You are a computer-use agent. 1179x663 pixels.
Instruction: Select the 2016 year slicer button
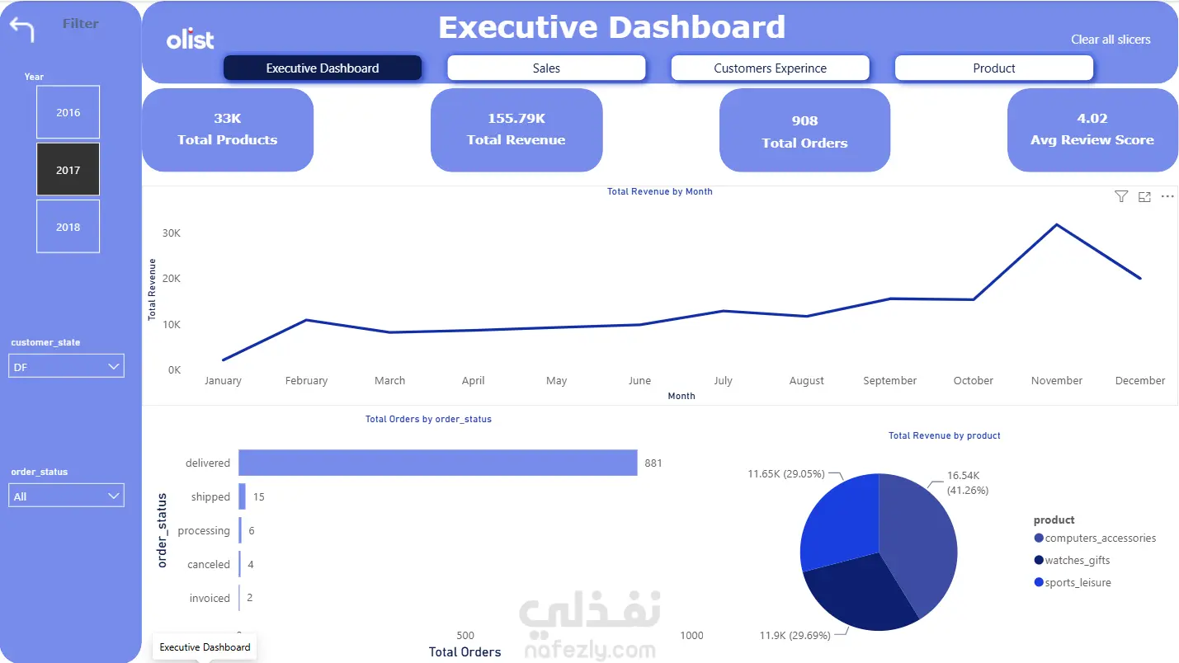(x=68, y=112)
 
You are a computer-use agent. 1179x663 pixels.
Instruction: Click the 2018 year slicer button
(x=68, y=227)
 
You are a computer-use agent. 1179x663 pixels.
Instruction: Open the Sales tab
(x=546, y=68)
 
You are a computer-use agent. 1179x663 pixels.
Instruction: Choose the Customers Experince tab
(x=770, y=68)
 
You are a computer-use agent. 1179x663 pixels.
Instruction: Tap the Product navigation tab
(x=993, y=68)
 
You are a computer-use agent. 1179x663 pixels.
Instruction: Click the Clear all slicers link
(x=1111, y=40)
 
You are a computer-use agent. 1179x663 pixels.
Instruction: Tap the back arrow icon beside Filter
(x=22, y=30)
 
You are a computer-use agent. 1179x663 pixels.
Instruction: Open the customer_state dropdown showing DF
(x=66, y=366)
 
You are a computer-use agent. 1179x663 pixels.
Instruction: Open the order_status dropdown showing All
(x=66, y=496)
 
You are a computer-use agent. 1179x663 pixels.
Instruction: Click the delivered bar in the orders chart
(x=438, y=463)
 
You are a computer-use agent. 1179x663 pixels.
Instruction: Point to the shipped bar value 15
(x=258, y=496)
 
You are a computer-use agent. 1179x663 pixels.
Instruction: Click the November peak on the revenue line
(x=1056, y=225)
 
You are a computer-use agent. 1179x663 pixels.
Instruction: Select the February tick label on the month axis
(x=306, y=380)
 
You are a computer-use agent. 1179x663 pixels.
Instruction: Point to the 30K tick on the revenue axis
(x=172, y=233)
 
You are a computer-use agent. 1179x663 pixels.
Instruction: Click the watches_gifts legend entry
(x=1072, y=561)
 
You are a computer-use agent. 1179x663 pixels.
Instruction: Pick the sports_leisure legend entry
(x=1073, y=582)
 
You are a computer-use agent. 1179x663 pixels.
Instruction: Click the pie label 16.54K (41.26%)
(x=968, y=482)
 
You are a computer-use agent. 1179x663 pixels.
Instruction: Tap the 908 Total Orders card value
(x=804, y=120)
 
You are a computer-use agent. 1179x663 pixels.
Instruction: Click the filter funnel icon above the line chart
(x=1121, y=197)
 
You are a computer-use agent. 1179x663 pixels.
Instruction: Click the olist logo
(x=190, y=40)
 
